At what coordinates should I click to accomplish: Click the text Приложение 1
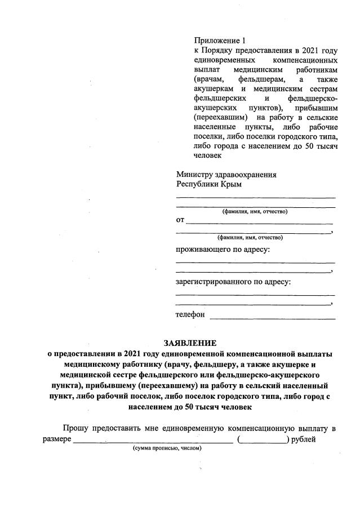click(220, 41)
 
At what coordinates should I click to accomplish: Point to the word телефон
click(190, 314)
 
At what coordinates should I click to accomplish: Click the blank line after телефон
click(272, 317)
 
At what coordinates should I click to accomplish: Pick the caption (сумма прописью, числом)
click(167, 448)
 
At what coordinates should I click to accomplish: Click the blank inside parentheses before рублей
click(263, 439)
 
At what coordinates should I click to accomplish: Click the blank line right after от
click(259, 221)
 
